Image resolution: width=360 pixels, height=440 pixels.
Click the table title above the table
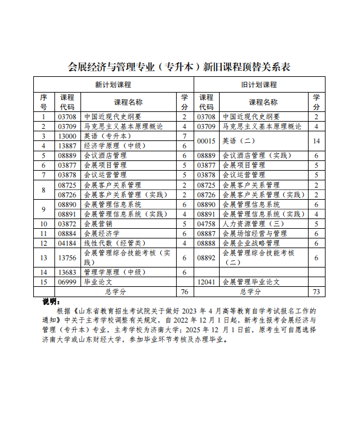tap(180, 67)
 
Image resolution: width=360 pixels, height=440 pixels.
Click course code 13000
tap(67, 137)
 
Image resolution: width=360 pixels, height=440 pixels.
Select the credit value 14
tap(316, 141)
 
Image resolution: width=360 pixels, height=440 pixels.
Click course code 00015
tap(206, 141)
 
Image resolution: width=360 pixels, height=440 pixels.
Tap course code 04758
tap(206, 224)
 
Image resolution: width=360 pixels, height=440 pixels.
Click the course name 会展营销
tap(97, 224)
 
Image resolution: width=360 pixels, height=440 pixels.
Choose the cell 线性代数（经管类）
tap(111, 243)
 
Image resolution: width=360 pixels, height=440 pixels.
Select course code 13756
tap(67, 257)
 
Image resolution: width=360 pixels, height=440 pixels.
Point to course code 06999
tap(67, 282)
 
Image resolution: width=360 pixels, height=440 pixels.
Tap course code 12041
tap(206, 282)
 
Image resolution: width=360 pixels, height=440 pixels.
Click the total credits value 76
tap(185, 292)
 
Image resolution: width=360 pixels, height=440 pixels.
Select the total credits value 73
tap(316, 292)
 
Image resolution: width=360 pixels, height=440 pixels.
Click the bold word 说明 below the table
tap(51, 301)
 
